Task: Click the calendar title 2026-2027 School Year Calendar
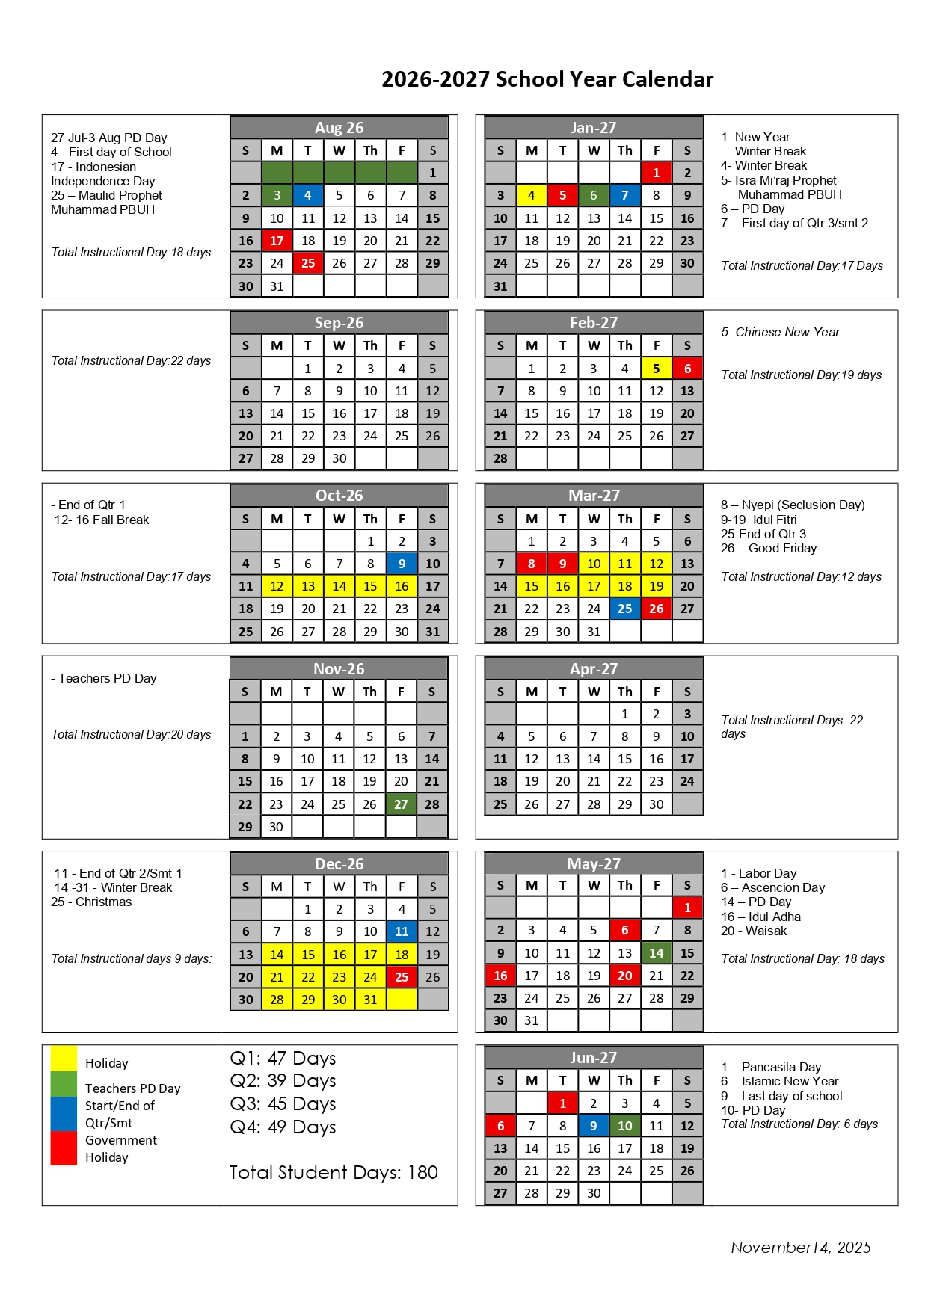pyautogui.click(x=547, y=79)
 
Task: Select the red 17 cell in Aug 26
pyautogui.click(x=277, y=241)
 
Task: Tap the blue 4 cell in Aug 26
pyautogui.click(x=308, y=195)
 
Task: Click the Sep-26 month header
pyautogui.click(x=339, y=323)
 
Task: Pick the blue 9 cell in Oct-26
pyautogui.click(x=402, y=564)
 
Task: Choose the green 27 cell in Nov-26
pyautogui.click(x=401, y=804)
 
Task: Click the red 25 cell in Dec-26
pyautogui.click(x=402, y=977)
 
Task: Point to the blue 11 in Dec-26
pyautogui.click(x=402, y=931)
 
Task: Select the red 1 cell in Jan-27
pyautogui.click(x=656, y=173)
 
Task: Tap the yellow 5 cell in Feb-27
pyautogui.click(x=656, y=369)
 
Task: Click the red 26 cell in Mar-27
pyautogui.click(x=656, y=609)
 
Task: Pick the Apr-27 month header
pyautogui.click(x=594, y=669)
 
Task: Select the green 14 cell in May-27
pyautogui.click(x=656, y=953)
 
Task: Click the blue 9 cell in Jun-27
pyautogui.click(x=593, y=1126)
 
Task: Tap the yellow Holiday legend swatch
pyautogui.click(x=64, y=1059)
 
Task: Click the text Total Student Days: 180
pyautogui.click(x=334, y=1173)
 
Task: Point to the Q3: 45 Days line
pyautogui.click(x=283, y=1104)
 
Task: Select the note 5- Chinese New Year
pyautogui.click(x=780, y=332)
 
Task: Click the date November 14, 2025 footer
pyautogui.click(x=800, y=1248)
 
